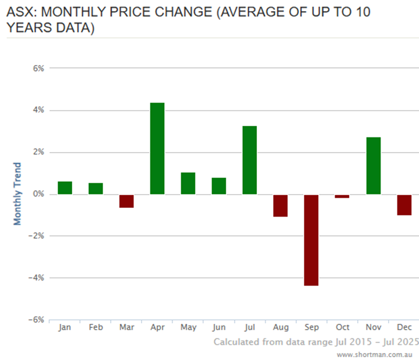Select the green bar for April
coord(157,149)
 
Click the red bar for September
coord(311,239)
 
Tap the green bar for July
coord(249,160)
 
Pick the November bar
coord(373,165)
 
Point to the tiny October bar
coord(342,196)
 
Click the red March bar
coord(126,201)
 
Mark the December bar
coord(404,204)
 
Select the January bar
coord(65,188)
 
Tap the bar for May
coord(188,183)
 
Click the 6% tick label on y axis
coord(38,68)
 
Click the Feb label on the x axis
coord(96,327)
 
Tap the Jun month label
coord(219,327)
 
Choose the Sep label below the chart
coord(311,327)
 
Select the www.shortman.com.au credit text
coord(375,354)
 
